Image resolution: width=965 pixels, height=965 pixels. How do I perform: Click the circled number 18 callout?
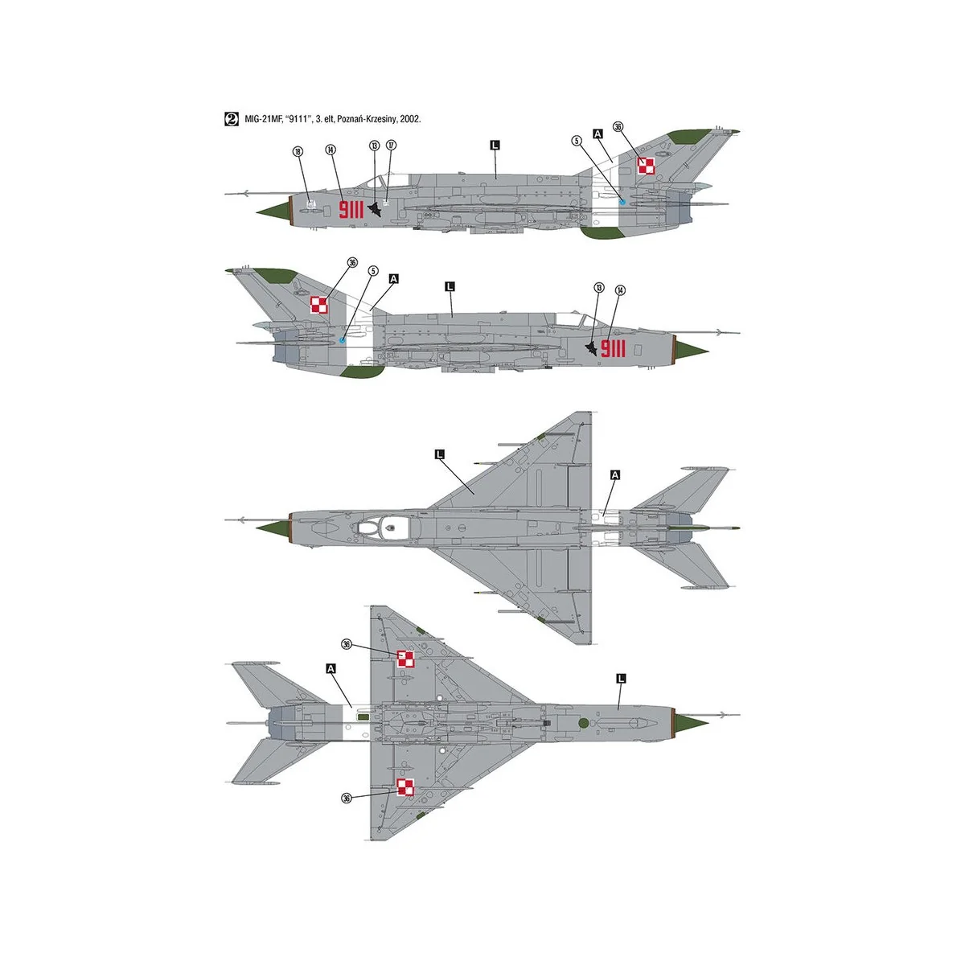(298, 151)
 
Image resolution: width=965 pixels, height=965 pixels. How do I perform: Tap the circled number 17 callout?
(392, 146)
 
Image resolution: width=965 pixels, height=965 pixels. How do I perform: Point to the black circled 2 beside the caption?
(231, 119)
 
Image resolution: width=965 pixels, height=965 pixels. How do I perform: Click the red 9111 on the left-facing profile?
(351, 210)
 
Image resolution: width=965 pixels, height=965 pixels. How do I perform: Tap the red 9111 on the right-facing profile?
(613, 348)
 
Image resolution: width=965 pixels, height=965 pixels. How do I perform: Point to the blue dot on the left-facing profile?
(622, 202)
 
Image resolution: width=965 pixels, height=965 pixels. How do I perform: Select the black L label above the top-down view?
(439, 454)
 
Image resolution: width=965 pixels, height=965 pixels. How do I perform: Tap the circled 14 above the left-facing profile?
(331, 150)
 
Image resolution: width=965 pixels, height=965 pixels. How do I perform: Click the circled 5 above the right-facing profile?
(373, 271)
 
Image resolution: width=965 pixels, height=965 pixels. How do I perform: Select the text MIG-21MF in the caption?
(267, 119)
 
